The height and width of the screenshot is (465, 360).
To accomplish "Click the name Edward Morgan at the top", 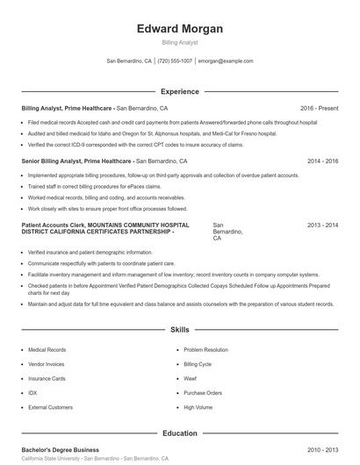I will click(x=180, y=28).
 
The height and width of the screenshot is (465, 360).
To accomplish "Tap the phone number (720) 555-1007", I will click(x=175, y=61).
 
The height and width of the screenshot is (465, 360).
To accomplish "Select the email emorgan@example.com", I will click(x=226, y=61).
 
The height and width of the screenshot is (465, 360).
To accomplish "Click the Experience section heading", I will click(x=179, y=91).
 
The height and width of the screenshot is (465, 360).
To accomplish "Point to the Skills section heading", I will click(x=179, y=330).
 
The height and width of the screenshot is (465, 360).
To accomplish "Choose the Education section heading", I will click(x=179, y=433).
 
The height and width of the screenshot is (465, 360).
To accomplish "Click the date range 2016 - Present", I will click(x=319, y=108).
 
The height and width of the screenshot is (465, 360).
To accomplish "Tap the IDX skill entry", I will click(x=32, y=393).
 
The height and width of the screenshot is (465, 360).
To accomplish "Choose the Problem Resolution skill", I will click(x=207, y=348).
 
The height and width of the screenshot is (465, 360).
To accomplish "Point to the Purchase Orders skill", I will click(x=202, y=393).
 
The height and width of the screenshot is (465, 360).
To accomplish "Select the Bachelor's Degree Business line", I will click(x=61, y=449).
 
